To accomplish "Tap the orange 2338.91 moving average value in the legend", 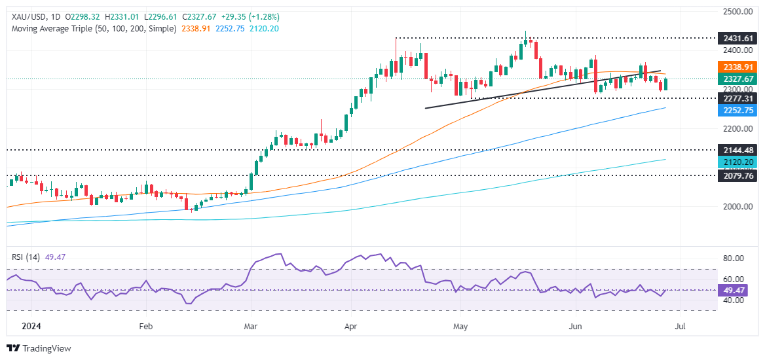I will [x=196, y=29].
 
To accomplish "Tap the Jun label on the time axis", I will [x=576, y=325].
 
